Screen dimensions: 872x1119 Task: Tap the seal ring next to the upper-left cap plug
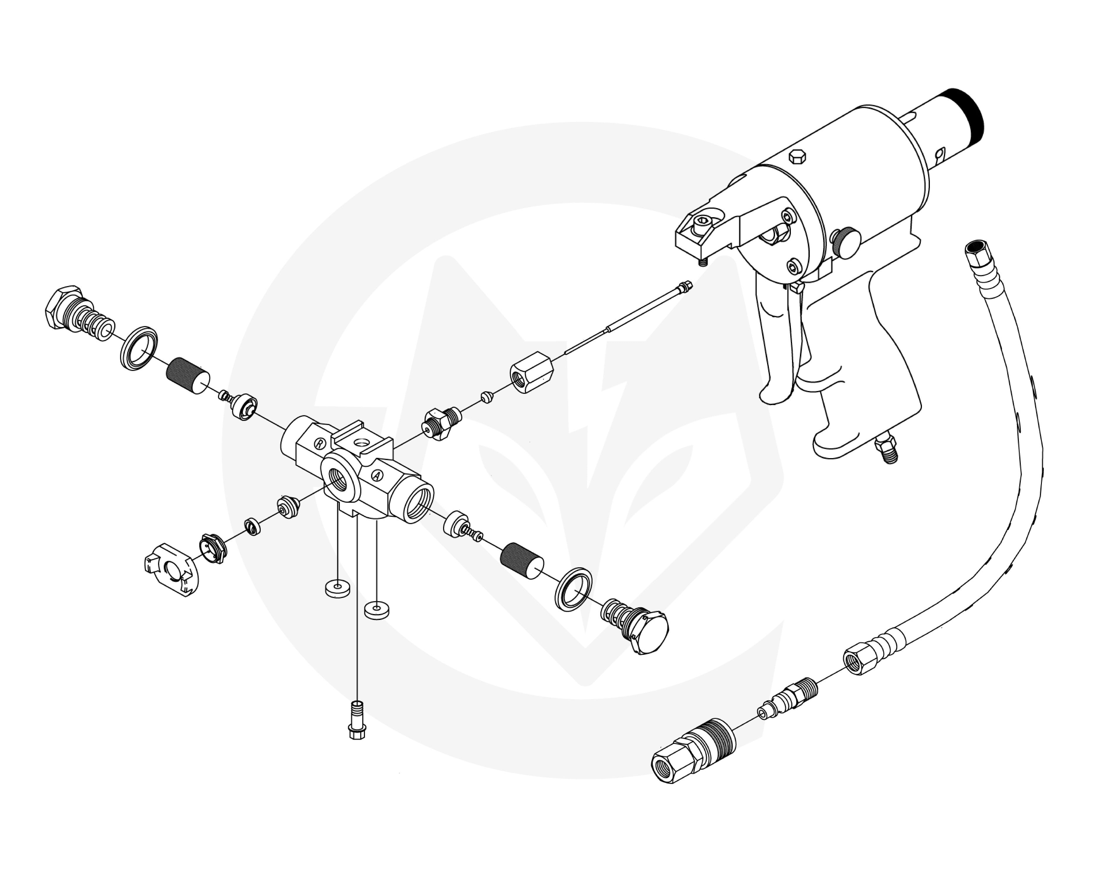[139, 348]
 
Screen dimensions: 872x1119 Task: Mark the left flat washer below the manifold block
[338, 588]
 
